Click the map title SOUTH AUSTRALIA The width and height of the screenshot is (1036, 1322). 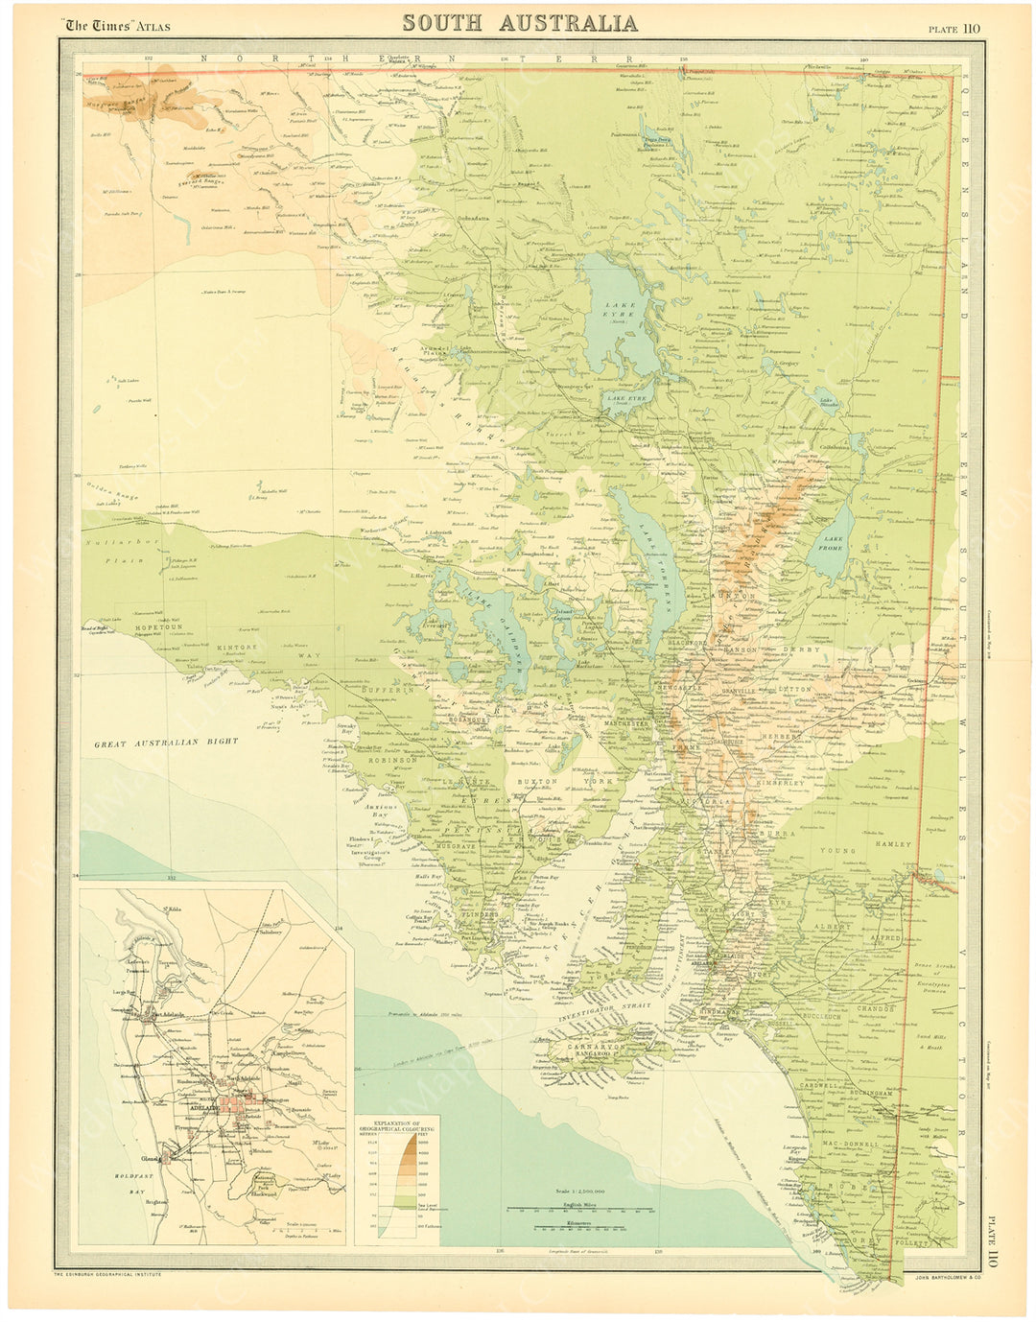coord(519,23)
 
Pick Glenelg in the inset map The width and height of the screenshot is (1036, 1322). coord(165,1156)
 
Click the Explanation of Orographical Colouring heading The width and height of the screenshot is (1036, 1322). coord(397,1126)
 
